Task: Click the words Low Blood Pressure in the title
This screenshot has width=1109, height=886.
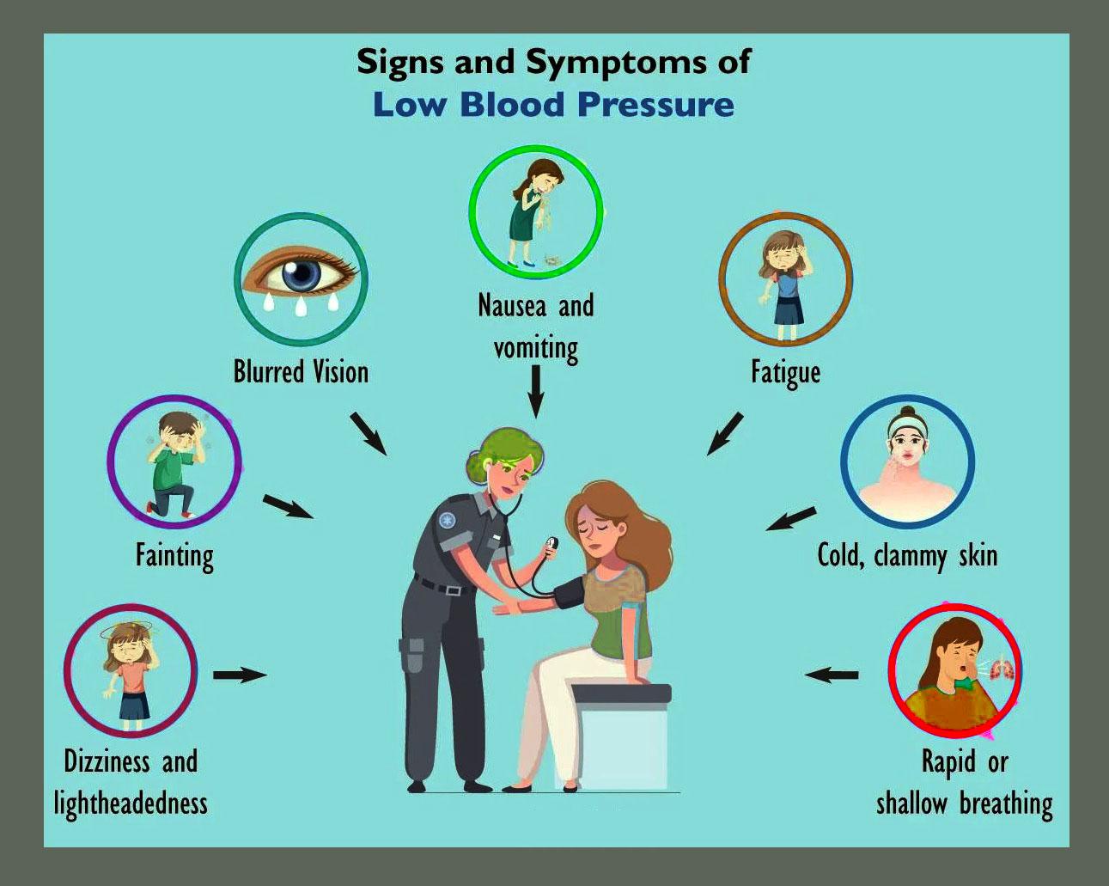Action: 553,105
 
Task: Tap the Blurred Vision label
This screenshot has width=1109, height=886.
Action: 301,372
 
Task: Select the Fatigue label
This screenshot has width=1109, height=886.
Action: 785,373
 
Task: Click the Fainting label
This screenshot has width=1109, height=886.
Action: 174,555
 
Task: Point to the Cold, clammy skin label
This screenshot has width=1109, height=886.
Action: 907,555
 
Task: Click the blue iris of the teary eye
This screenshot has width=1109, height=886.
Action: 302,275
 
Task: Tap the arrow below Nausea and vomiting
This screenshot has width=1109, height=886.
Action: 536,391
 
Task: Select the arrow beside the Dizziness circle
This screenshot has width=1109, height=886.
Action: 240,675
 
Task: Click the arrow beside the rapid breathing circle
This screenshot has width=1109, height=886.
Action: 831,675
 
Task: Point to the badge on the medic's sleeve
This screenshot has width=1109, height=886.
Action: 447,520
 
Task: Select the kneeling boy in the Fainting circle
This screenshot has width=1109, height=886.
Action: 174,464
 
